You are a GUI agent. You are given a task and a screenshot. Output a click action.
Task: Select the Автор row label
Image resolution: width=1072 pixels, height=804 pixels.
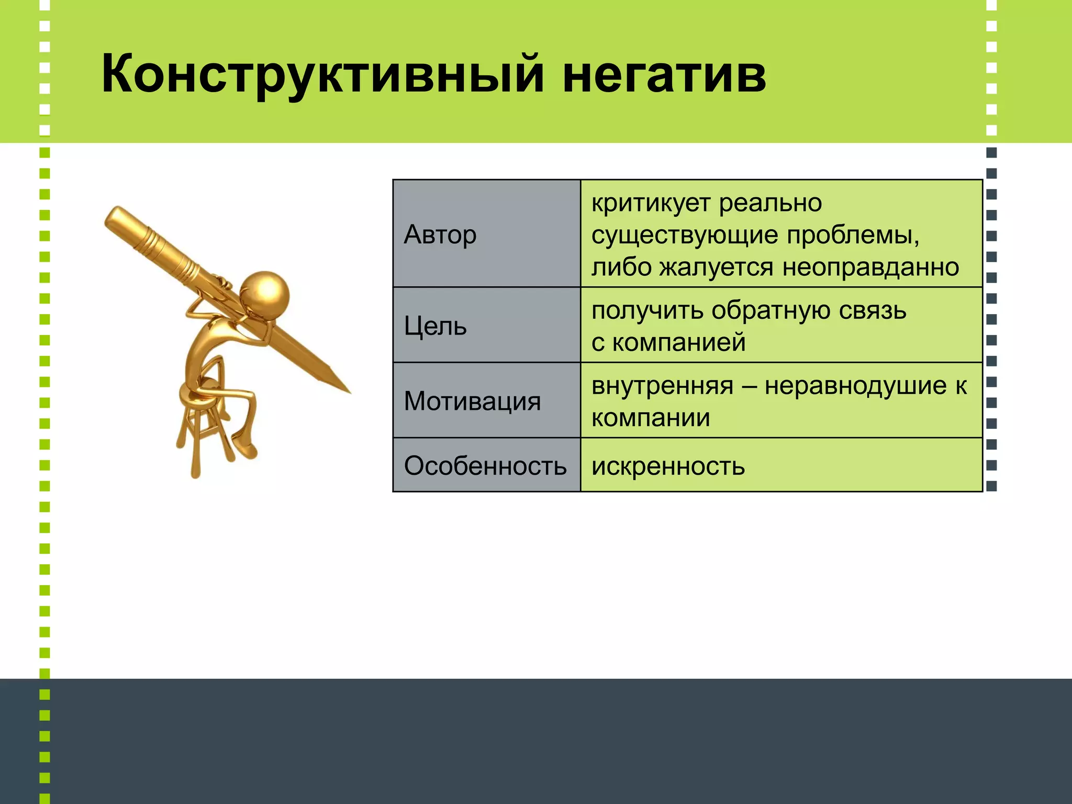point(440,234)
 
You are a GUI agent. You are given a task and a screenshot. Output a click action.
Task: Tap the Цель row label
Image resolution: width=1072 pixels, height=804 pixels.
point(435,326)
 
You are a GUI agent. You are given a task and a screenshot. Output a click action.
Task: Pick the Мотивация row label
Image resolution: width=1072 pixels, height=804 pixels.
point(472,401)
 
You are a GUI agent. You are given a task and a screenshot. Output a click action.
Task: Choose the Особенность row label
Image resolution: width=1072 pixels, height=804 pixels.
point(485,465)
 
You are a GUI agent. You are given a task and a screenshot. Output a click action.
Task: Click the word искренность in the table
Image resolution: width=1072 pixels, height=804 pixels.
point(668,466)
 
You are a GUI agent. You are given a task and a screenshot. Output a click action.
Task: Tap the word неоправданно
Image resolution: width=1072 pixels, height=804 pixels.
point(870,267)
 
